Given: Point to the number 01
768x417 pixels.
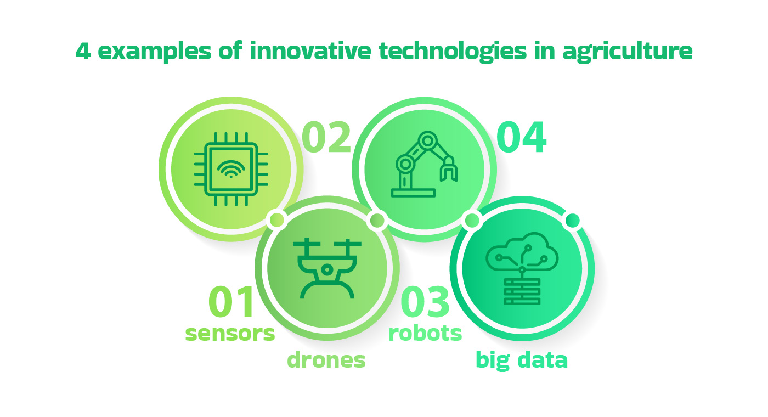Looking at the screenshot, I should pos(231,303).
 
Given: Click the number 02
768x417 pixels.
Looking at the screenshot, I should pos(326,138).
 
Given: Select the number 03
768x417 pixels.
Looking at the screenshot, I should pos(426,303).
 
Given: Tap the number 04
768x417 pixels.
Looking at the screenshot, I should pos(521,138).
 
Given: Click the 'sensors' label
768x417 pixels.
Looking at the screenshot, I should pos(230,333).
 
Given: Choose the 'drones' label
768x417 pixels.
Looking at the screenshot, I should pos(326,360).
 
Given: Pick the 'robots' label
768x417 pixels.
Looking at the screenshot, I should pos(425,333).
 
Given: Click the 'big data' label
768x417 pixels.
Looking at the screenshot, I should pos(522,360).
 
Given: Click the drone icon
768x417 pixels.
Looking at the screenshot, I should pos(327,268).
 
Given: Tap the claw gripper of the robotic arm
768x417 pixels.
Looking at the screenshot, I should pos(449,170).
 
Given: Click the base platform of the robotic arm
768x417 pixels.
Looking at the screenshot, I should pos(413,193).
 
